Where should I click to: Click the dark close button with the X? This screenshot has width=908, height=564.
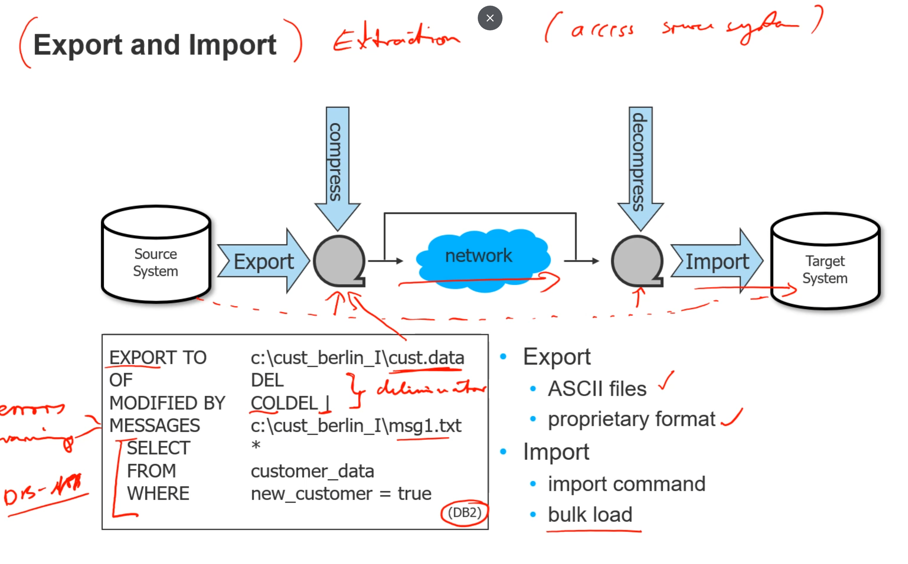point(490,18)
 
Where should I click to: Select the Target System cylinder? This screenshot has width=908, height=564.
point(825,265)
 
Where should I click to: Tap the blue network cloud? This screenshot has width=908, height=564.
point(481,258)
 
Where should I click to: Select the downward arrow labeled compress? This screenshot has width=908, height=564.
point(337,164)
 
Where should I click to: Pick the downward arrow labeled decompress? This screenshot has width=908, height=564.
point(640,164)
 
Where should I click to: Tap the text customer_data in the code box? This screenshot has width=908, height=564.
point(312,471)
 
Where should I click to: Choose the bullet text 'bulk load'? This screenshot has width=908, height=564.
point(590,514)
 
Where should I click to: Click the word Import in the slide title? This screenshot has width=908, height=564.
point(232,45)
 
